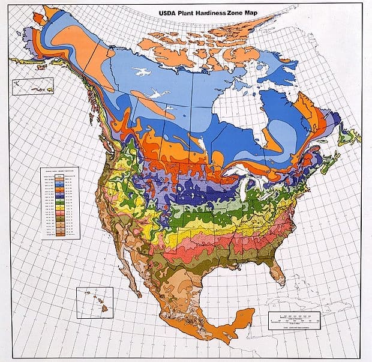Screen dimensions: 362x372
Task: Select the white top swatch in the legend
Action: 60,175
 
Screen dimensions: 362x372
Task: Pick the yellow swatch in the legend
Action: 60,208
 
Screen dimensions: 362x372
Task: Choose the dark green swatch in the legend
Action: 60,203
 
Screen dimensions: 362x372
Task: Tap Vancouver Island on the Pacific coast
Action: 110,148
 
